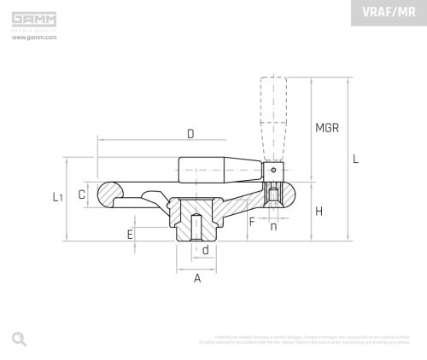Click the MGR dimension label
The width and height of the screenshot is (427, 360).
pos(327,128)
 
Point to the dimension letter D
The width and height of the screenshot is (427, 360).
pos(190,133)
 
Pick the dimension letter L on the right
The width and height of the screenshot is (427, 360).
pos(356,159)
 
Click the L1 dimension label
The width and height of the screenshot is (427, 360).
pos(57,197)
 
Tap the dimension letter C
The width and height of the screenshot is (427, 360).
pos(82,195)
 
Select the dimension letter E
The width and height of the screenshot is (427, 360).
pos(130,234)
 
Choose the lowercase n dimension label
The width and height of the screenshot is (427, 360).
pos(273,226)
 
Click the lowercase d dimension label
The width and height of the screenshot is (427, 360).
pos(206,250)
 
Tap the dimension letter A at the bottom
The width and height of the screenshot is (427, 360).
pos(197,278)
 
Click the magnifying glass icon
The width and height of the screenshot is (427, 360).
pos(19,339)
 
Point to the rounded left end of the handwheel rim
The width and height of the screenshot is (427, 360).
pos(109,194)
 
